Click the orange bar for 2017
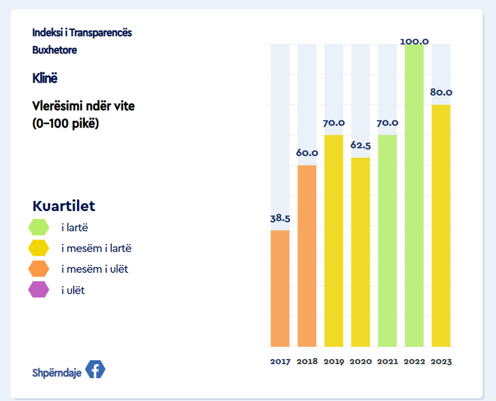pyautogui.click(x=280, y=289)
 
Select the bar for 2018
pyautogui.click(x=307, y=256)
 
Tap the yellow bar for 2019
pyautogui.click(x=334, y=240)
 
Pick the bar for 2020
pyautogui.click(x=360, y=252)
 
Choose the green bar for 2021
pyautogui.click(x=387, y=240)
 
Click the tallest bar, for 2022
pyautogui.click(x=414, y=195)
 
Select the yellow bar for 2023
pyautogui.click(x=441, y=225)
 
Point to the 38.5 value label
pyautogui.click(x=280, y=219)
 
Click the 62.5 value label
pyautogui.click(x=360, y=146)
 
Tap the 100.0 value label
pyautogui.click(x=414, y=41)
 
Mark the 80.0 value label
pyautogui.click(x=441, y=93)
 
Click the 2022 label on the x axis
pyautogui.click(x=414, y=362)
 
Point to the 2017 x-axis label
pyautogui.click(x=280, y=362)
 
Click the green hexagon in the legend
pyautogui.click(x=38, y=227)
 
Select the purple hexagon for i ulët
pyautogui.click(x=38, y=290)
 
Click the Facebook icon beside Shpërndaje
pyautogui.click(x=95, y=370)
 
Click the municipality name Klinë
pyautogui.click(x=45, y=78)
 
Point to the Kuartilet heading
pyautogui.click(x=64, y=206)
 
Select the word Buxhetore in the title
pyautogui.click(x=55, y=50)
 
